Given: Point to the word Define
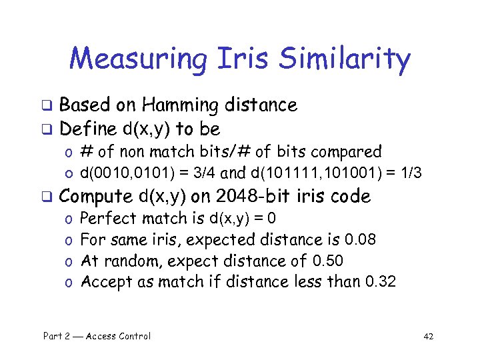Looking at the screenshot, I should pos(88,128).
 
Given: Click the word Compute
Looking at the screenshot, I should pos(96,196).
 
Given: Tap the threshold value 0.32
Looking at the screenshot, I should pos(381,281).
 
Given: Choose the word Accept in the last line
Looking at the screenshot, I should pos(106,281).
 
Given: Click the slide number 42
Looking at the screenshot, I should pos(428,336).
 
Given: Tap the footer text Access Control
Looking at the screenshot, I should pos(117,336).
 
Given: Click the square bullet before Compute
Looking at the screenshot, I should pos(48,197).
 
